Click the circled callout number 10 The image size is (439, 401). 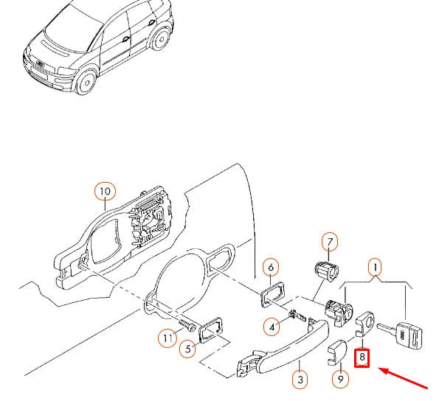click(x=105, y=192)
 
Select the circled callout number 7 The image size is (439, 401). click(x=330, y=242)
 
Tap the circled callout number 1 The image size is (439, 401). click(x=375, y=268)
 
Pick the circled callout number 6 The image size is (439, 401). click(x=271, y=268)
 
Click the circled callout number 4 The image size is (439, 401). click(x=272, y=327)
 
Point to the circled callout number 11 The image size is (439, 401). click(x=167, y=338)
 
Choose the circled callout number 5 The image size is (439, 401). click(x=188, y=349)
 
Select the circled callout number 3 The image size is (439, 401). click(x=300, y=380)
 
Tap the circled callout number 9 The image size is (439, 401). click(x=340, y=379)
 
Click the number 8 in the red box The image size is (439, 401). click(x=362, y=358)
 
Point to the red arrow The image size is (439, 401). click(x=403, y=378)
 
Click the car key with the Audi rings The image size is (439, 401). click(x=401, y=334)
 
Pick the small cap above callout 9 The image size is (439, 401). click(x=336, y=352)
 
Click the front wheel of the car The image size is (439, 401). click(x=86, y=82)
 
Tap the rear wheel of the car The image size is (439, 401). click(x=161, y=39)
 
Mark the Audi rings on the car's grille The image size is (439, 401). click(x=41, y=63)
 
